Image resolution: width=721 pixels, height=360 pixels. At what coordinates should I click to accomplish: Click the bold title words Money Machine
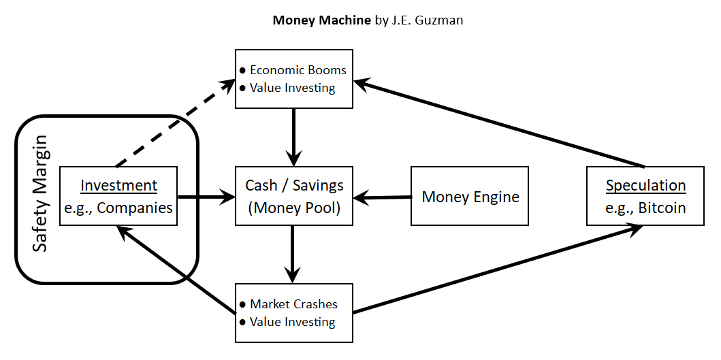pyautogui.click(x=321, y=20)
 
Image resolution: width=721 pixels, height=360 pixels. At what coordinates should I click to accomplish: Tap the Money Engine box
pyautogui.click(x=470, y=197)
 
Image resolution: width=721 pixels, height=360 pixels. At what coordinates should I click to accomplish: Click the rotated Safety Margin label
pyautogui.click(x=40, y=194)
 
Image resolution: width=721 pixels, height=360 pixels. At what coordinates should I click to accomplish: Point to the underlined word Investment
pyautogui.click(x=118, y=185)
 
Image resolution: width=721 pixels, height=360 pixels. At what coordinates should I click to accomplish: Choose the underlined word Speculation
pyautogui.click(x=645, y=185)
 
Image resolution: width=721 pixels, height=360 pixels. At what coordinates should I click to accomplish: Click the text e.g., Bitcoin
pyautogui.click(x=645, y=208)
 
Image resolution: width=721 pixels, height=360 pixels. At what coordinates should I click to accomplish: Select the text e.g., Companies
pyautogui.click(x=118, y=208)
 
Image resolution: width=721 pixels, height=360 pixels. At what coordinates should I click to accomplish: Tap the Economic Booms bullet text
pyautogui.click(x=298, y=70)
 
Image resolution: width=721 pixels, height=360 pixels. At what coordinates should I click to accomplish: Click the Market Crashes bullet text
pyautogui.click(x=293, y=304)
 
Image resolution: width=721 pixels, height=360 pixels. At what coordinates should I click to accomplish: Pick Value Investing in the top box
pyautogui.click(x=292, y=88)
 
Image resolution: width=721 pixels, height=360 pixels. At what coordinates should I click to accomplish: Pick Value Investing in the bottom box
pyautogui.click(x=292, y=322)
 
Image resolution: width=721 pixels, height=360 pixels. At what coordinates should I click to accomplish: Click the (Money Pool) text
pyautogui.click(x=293, y=208)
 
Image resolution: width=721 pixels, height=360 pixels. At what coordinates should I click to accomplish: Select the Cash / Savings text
pyautogui.click(x=293, y=185)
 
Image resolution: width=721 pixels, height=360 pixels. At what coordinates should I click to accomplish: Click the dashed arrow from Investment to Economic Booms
pyautogui.click(x=174, y=125)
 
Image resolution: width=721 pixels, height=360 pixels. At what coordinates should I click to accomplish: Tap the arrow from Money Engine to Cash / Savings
pyautogui.click(x=383, y=198)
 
